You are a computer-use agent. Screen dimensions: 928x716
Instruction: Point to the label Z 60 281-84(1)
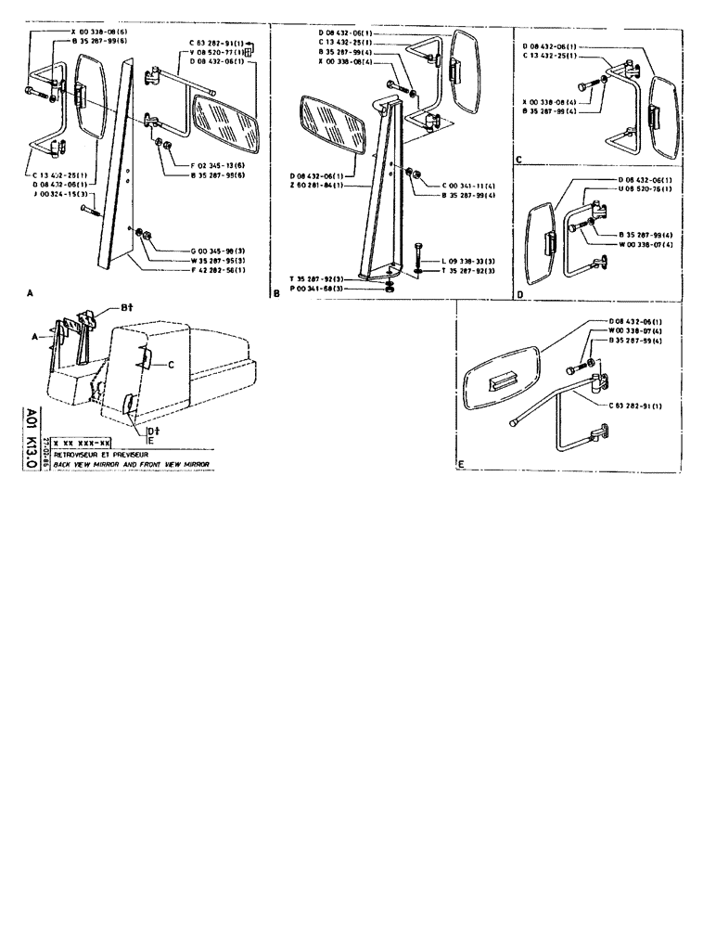pos(317,186)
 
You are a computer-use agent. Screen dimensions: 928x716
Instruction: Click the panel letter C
pos(519,160)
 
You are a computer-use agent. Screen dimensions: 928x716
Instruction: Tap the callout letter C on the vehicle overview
pos(172,364)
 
